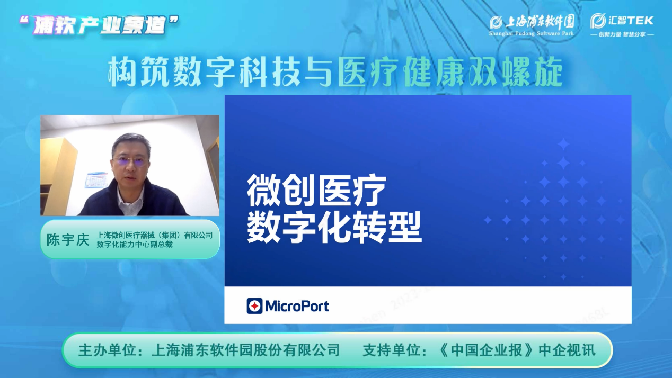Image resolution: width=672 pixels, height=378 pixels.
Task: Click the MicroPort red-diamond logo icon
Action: (x=254, y=306)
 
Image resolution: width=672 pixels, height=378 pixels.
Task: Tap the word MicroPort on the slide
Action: (x=297, y=306)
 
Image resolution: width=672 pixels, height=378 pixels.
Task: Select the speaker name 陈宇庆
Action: (x=68, y=239)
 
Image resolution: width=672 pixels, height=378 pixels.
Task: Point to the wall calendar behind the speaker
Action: (x=96, y=180)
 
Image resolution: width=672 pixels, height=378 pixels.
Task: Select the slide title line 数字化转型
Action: (x=334, y=228)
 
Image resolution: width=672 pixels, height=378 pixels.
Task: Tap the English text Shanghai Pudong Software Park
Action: (x=532, y=33)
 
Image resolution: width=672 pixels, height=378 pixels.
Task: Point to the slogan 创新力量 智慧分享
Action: (x=622, y=34)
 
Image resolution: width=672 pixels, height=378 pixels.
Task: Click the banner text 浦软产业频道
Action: (x=99, y=25)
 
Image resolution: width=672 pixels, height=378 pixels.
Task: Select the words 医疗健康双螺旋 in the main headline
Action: (x=450, y=72)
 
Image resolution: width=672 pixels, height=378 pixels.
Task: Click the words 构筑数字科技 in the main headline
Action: (x=205, y=72)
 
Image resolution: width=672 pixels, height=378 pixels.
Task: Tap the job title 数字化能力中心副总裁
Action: (x=135, y=245)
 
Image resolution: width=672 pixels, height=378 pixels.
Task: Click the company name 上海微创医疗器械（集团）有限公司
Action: (x=155, y=235)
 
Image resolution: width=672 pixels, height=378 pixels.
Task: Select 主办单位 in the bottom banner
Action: (x=107, y=350)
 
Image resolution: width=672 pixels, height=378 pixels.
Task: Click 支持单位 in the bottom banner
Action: (x=391, y=350)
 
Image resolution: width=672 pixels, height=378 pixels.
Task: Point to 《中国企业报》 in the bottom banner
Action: (x=487, y=350)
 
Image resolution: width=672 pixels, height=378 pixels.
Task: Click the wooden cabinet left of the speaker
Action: (x=58, y=176)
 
